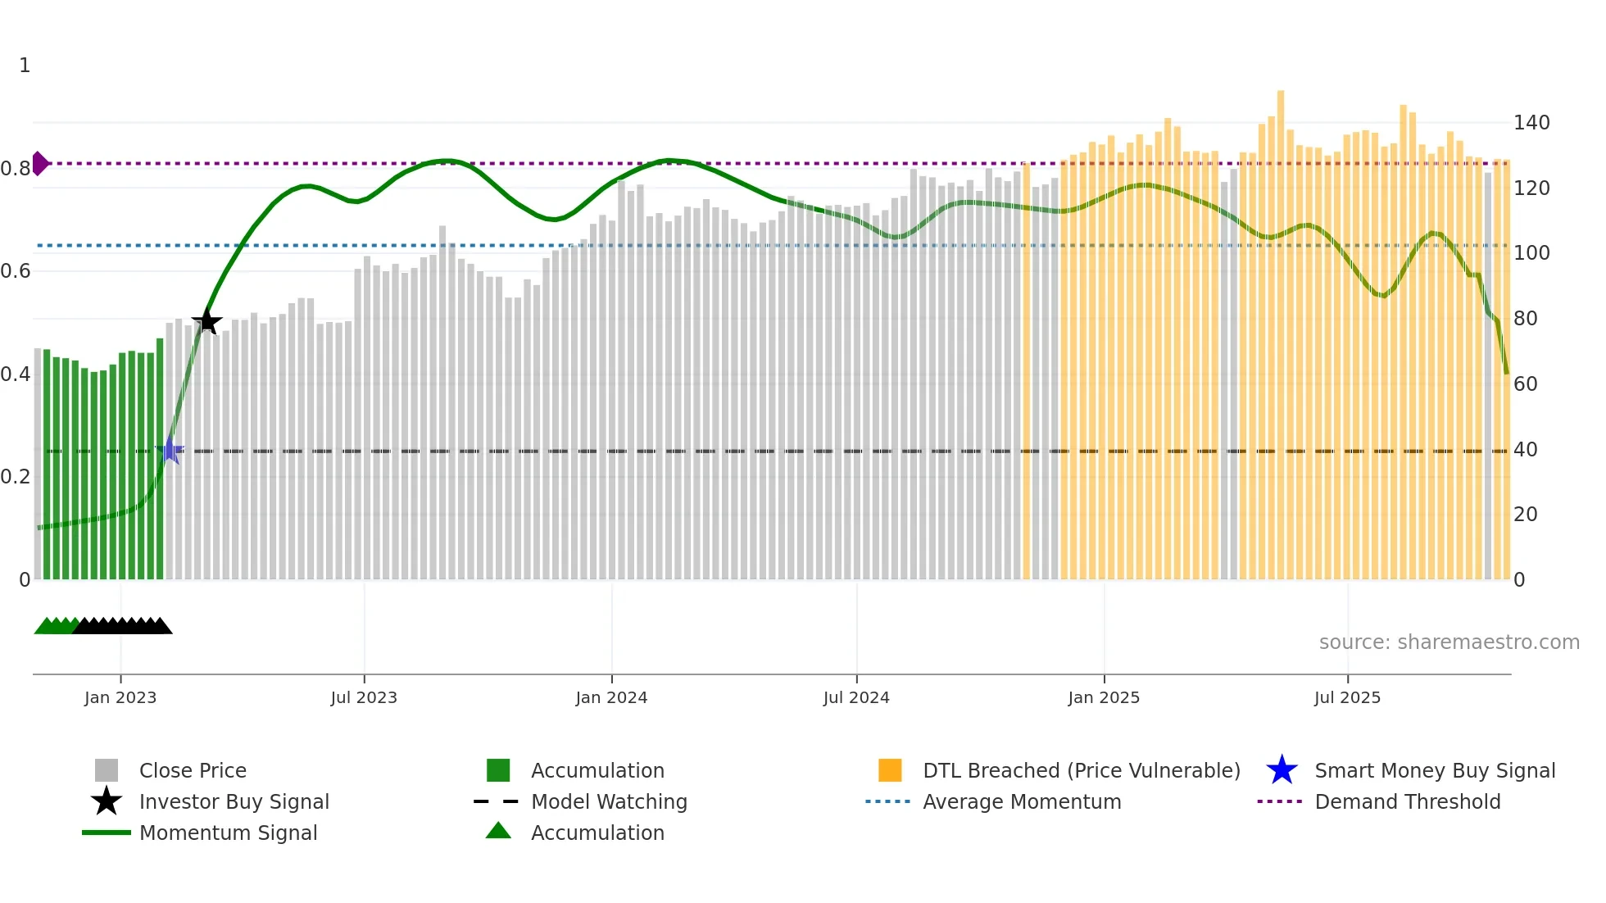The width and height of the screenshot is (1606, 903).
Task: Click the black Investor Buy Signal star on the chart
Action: click(206, 321)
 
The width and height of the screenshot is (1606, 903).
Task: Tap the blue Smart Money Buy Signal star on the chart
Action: click(170, 451)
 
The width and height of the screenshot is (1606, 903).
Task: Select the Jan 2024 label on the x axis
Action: click(611, 697)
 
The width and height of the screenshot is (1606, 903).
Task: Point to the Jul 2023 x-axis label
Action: click(364, 697)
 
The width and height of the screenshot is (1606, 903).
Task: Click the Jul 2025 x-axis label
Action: click(1347, 697)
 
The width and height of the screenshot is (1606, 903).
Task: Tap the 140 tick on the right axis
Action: click(1531, 123)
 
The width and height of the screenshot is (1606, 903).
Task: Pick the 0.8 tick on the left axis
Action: click(16, 169)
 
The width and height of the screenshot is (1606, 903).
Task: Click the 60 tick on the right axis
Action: click(1525, 383)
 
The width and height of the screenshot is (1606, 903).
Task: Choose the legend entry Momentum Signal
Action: click(228, 833)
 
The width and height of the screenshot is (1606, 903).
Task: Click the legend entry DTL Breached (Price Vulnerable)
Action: click(1081, 770)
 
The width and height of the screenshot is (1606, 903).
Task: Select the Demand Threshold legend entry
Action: click(1407, 801)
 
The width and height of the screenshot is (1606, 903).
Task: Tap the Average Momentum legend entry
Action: click(1021, 801)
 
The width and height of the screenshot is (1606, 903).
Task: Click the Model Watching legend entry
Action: click(608, 801)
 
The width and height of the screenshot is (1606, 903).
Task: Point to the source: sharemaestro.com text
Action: click(1449, 642)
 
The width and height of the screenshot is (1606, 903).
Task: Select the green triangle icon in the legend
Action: click(498, 831)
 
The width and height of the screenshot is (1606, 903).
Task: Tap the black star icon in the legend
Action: click(107, 801)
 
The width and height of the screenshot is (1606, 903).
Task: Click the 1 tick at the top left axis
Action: click(25, 66)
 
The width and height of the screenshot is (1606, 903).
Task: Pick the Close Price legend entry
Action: click(193, 770)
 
